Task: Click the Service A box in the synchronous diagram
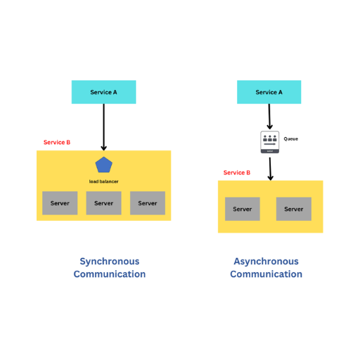point(103,92)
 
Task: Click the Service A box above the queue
point(269,92)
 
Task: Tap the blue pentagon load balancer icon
point(104,165)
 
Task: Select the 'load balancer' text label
point(103,181)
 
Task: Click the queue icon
point(270,142)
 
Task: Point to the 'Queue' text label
point(291,139)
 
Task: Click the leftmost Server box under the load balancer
point(60,203)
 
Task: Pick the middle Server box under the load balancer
point(103,203)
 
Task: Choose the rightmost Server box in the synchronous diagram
point(148,203)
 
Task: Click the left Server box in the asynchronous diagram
point(243,209)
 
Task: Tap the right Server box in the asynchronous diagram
point(294,209)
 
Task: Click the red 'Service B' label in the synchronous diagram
point(57,142)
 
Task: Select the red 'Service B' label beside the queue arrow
point(237,173)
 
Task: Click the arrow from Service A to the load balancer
point(104,127)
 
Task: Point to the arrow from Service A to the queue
point(269,117)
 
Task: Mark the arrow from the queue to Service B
point(270,169)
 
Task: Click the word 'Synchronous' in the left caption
point(110,262)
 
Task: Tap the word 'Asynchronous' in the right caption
point(266,262)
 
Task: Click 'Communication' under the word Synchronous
point(110,274)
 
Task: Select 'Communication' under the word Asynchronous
point(266,274)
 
